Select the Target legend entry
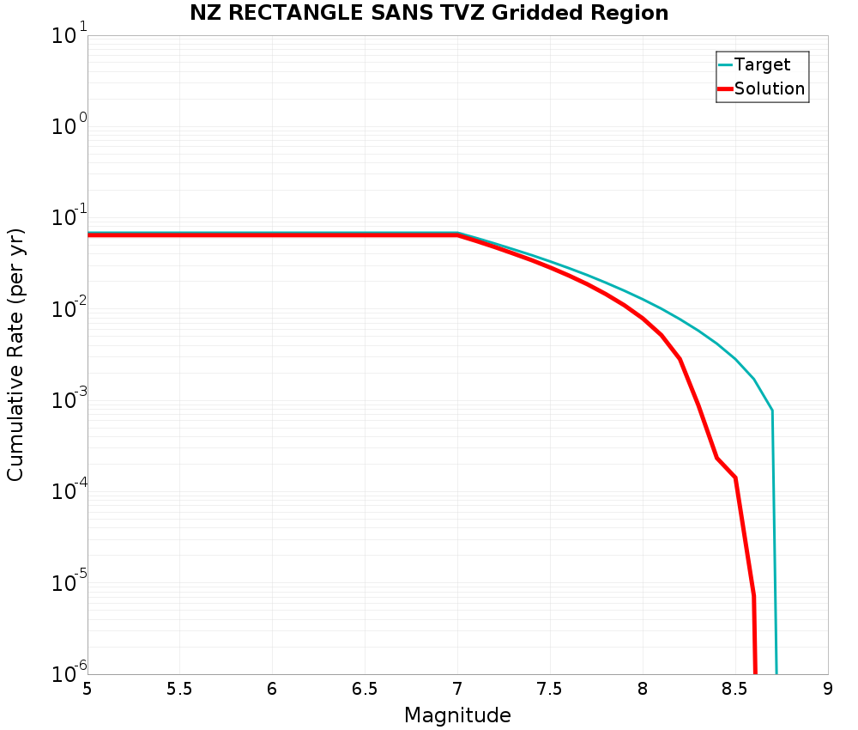coord(762,64)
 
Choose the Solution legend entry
coord(770,88)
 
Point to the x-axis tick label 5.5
coord(179,689)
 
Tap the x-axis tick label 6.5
coord(365,689)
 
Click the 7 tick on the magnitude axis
coord(457,689)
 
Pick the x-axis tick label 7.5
coord(549,689)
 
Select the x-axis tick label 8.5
coord(734,689)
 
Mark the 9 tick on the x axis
coord(828,689)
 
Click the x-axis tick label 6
coord(272,689)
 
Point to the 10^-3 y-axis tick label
coord(69,400)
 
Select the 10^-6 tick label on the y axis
coord(69,673)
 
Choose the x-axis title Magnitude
coord(457,715)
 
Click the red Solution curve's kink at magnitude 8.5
coord(735,478)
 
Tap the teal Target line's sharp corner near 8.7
coord(772,411)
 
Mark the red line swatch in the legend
coord(725,88)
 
